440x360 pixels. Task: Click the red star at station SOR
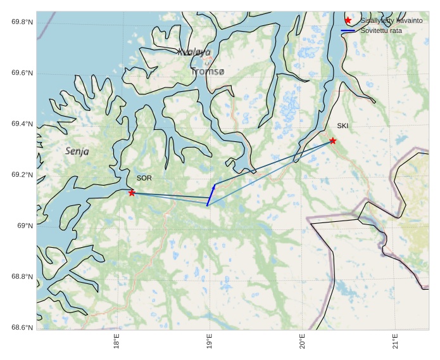point(132,193)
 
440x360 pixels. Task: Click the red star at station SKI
point(332,141)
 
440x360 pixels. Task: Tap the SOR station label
point(144,178)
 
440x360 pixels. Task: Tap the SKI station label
point(343,125)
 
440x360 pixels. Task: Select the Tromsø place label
point(208,72)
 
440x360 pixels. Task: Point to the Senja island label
point(77,151)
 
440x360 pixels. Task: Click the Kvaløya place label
point(194,52)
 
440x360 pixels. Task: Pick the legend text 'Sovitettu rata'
point(381,30)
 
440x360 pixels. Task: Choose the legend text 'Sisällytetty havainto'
point(391,21)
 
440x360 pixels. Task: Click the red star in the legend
point(348,20)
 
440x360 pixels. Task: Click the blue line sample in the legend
point(348,30)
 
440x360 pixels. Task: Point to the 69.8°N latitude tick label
point(22,22)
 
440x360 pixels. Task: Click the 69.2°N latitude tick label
point(22,175)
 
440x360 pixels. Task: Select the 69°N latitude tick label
point(24,226)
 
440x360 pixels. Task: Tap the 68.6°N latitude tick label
point(22,328)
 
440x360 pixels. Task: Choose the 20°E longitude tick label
point(303,341)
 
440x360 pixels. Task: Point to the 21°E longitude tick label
point(396,341)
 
